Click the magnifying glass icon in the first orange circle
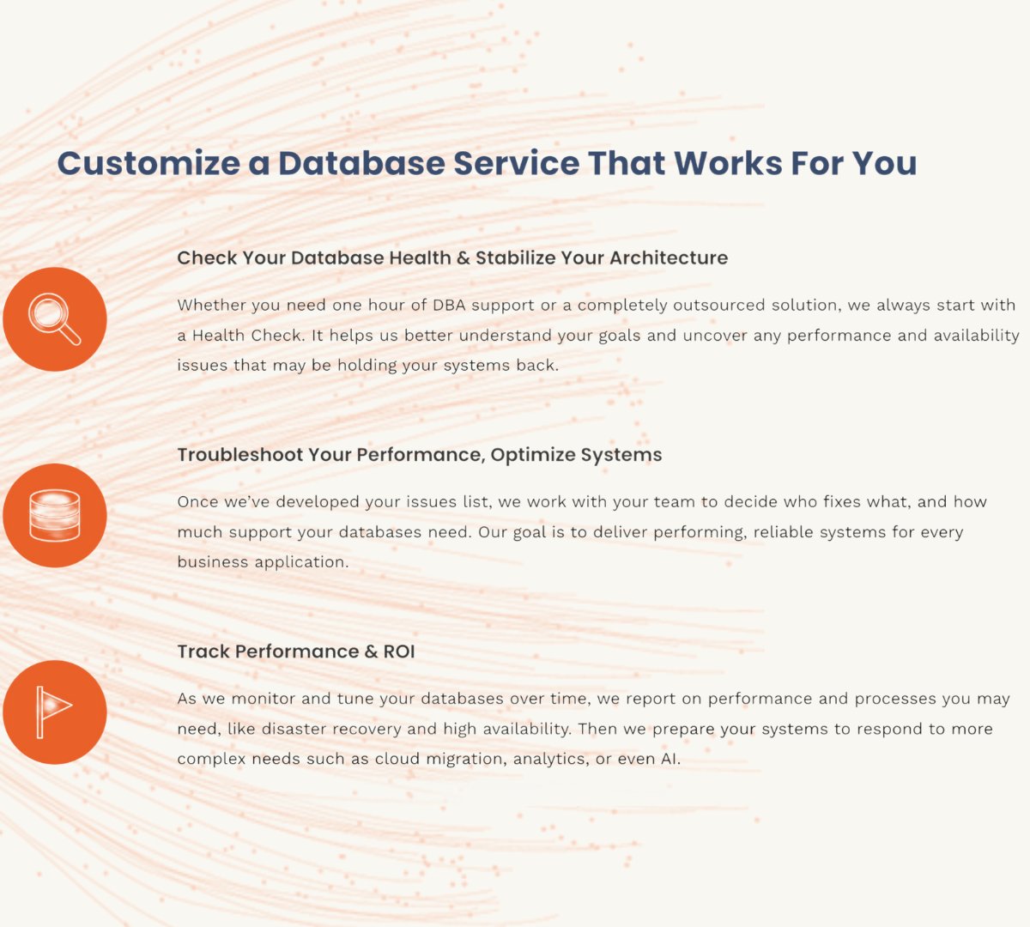[54, 319]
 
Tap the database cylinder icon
[55, 516]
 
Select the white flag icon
[54, 712]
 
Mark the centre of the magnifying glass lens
[48, 312]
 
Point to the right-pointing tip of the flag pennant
[72, 706]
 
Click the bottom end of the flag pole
[40, 737]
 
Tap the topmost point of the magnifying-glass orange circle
[55, 267]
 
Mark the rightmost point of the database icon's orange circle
[106, 515]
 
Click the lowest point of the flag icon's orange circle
[55, 764]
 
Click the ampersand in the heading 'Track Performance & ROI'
[371, 651]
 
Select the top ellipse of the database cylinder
[55, 499]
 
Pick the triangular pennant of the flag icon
[58, 705]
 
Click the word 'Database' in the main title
[361, 163]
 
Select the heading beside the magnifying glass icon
[452, 257]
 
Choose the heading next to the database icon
[420, 455]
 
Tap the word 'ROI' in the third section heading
[399, 651]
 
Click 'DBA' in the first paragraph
[449, 305]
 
